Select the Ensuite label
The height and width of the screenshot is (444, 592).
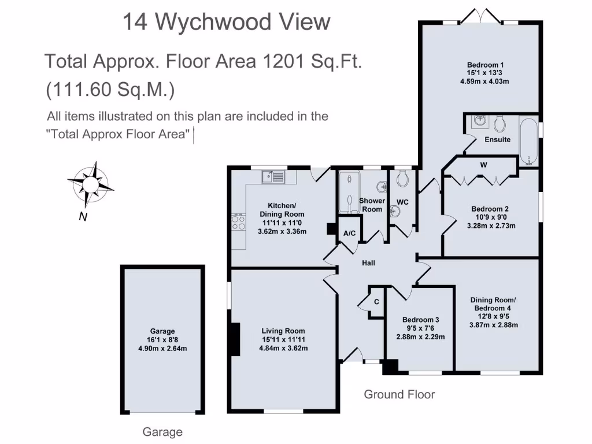[x=497, y=139]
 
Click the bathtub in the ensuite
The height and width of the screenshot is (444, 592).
[x=529, y=142]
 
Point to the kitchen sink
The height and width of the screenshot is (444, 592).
[x=273, y=176]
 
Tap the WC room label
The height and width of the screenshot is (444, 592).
[x=402, y=202]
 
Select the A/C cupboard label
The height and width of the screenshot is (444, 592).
[x=349, y=234]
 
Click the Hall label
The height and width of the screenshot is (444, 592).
[x=368, y=263]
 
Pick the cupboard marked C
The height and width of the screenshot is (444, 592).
[x=376, y=302]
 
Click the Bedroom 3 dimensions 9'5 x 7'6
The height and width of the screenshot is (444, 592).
[x=421, y=328]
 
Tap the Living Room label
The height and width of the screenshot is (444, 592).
[x=283, y=331]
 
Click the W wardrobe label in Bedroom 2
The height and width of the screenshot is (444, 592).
[x=483, y=165]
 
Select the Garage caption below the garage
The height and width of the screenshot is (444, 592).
[x=162, y=432]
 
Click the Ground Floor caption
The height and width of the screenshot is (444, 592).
[x=399, y=394]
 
